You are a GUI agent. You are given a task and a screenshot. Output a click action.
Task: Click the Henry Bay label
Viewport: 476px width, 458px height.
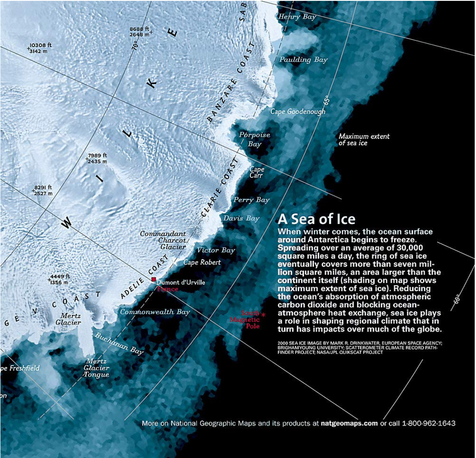pos(297,17)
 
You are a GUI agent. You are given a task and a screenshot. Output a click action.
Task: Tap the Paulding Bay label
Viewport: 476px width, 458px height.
pos(303,60)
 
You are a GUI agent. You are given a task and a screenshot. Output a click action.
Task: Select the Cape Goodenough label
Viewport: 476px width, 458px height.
pos(297,112)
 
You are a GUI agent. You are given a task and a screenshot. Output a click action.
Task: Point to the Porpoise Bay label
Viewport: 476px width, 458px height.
pos(254,139)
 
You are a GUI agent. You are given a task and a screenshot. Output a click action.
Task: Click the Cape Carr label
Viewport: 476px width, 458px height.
pos(257,173)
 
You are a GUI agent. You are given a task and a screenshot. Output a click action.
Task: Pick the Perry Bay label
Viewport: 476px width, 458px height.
pos(251,200)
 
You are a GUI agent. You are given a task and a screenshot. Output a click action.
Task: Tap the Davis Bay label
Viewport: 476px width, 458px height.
pos(241,219)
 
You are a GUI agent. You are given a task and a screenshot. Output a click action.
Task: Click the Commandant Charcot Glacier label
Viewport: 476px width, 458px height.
pos(163,240)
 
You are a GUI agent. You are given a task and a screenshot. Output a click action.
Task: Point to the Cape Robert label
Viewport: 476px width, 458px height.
pos(202,262)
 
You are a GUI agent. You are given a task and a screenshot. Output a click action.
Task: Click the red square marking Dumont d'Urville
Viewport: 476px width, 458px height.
pos(153,279)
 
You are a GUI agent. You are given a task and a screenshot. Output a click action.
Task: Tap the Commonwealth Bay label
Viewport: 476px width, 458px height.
pos(155,312)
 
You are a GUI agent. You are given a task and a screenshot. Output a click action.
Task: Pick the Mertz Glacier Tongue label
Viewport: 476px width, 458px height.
pos(97,368)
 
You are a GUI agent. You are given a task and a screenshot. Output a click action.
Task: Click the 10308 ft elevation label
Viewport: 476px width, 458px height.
pos(40,48)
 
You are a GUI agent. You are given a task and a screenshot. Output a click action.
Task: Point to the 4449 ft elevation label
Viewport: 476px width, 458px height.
pos(59,279)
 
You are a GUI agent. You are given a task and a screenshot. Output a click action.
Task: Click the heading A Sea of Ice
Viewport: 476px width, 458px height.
pos(316,219)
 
